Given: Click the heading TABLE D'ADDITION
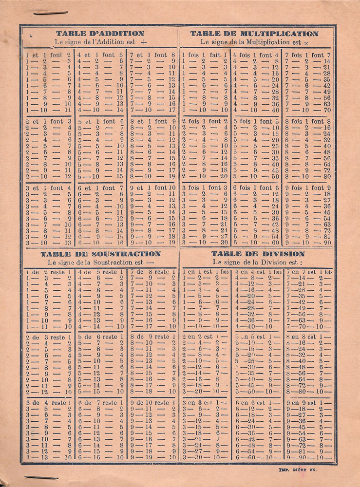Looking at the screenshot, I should [x=100, y=34].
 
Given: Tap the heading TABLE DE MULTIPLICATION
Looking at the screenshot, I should [x=254, y=34].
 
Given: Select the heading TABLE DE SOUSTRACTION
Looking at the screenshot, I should [x=100, y=254].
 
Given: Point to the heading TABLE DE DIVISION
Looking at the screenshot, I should [x=258, y=254].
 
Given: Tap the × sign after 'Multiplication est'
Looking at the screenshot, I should [x=306, y=43].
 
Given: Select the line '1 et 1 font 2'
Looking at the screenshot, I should [x=49, y=55].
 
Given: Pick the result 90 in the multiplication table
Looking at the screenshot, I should [x=326, y=242].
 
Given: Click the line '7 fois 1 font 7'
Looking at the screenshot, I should [x=308, y=55].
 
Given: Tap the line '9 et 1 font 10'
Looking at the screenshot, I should [x=152, y=187].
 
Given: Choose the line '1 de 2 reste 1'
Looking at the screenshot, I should [x=49, y=272].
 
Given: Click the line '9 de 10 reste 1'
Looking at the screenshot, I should [x=152, y=403].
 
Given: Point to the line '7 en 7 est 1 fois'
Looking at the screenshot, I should [x=309, y=272].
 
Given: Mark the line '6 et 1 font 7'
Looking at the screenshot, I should [x=101, y=187].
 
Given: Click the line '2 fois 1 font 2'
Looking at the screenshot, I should [x=205, y=121].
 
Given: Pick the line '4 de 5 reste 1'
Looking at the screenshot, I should [x=101, y=272].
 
